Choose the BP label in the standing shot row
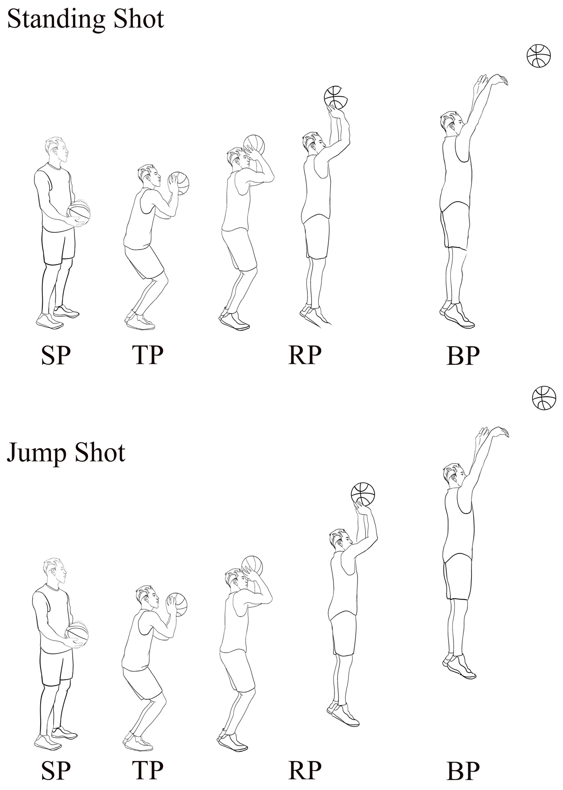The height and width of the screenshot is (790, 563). click(x=463, y=356)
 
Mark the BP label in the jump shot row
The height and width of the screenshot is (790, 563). click(x=463, y=771)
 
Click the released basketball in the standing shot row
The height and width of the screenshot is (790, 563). click(x=539, y=56)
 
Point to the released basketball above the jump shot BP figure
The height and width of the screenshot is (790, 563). click(x=544, y=398)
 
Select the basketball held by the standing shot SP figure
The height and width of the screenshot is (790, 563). click(x=79, y=212)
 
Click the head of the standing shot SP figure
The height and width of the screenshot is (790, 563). click(x=57, y=151)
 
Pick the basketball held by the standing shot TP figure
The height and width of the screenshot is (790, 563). click(x=179, y=183)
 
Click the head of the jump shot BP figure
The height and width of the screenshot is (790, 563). click(x=454, y=475)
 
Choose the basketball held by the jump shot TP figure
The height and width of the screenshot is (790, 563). click(x=177, y=604)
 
